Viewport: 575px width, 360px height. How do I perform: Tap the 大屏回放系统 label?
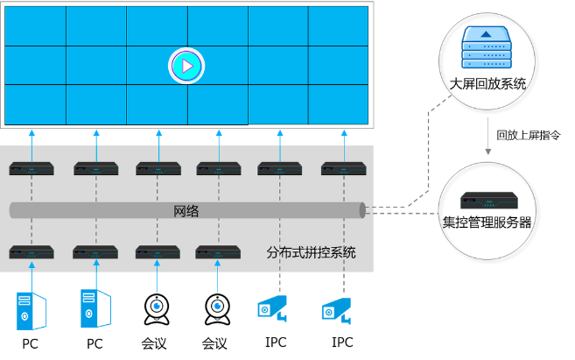487,84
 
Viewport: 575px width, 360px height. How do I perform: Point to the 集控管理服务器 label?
487,222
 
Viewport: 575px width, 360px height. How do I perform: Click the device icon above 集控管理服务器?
487,200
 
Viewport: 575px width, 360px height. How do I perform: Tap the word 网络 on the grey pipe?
186,211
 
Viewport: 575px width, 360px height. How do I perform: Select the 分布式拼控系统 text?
311,253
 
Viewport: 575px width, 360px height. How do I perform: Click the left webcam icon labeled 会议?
158,309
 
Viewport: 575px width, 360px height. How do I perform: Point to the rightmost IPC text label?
343,342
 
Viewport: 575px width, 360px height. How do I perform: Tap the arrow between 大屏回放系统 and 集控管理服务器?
487,135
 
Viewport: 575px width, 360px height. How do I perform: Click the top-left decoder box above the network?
32,167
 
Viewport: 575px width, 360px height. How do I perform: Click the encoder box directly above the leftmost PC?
32,252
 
